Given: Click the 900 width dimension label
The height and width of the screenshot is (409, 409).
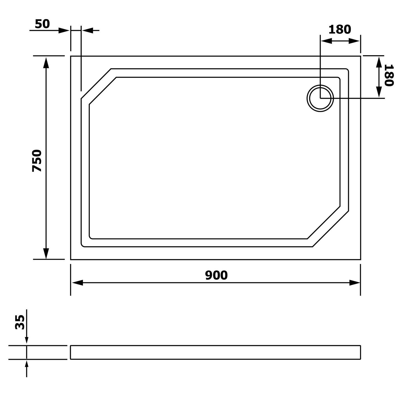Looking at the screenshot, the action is (x=216, y=275).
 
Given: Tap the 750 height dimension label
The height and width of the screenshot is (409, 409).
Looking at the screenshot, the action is (x=37, y=161).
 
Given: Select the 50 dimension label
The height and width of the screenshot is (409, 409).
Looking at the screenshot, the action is (x=43, y=24).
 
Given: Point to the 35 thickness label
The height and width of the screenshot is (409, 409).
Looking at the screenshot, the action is (x=20, y=322).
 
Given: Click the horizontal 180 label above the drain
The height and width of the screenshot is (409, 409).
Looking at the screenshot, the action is (x=340, y=29).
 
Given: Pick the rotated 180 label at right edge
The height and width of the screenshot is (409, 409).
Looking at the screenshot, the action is (x=389, y=75).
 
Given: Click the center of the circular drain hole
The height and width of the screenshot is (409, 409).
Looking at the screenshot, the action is (x=320, y=98).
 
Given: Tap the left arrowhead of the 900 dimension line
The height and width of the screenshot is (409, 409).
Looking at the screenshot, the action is (x=77, y=283).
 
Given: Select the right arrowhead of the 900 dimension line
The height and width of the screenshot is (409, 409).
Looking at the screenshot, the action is (x=355, y=283).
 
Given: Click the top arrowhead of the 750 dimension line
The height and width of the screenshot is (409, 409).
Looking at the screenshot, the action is (x=46, y=63).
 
